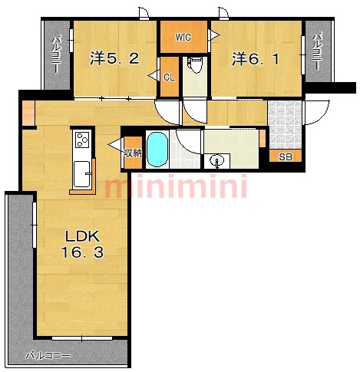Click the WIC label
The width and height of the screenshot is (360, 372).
(183, 38)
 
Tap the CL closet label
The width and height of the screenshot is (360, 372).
(169, 77)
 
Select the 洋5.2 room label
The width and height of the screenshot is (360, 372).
(114, 59)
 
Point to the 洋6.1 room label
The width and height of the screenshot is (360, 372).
(256, 59)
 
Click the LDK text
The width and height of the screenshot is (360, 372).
(82, 237)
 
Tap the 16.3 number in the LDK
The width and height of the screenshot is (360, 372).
(82, 252)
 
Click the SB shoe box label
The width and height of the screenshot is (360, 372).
(286, 156)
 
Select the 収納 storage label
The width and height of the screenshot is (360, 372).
(133, 153)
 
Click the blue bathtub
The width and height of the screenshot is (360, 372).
(157, 150)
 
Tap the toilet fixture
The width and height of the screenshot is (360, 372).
(195, 65)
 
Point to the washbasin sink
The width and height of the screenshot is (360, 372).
(216, 161)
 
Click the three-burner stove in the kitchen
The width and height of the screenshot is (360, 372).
(82, 140)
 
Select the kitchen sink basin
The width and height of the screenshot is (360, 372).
(82, 174)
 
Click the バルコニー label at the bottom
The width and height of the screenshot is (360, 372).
(48, 356)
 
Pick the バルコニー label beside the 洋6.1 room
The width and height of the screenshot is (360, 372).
(317, 51)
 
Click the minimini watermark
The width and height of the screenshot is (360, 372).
(176, 186)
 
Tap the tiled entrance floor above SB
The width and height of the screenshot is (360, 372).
(285, 124)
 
